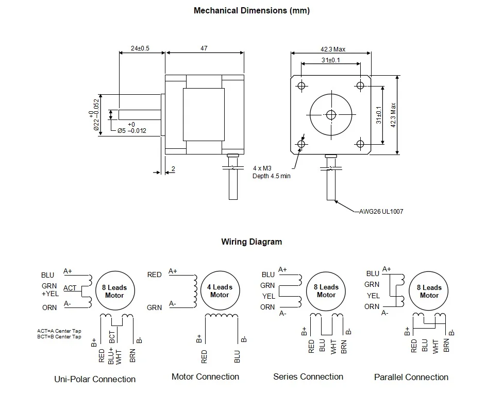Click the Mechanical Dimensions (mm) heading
click(x=252, y=10)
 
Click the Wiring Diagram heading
click(x=252, y=242)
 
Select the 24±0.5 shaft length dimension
click(x=140, y=48)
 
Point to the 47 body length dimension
click(x=204, y=48)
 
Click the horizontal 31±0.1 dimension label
click(x=330, y=60)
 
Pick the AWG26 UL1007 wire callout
click(x=377, y=211)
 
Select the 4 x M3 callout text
click(x=262, y=168)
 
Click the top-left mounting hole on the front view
click(x=301, y=85)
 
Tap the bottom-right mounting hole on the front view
click(x=360, y=144)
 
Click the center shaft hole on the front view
click(x=331, y=114)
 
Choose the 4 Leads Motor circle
click(x=220, y=291)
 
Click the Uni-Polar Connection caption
click(x=95, y=380)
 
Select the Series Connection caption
click(x=308, y=377)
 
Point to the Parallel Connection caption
click(x=411, y=378)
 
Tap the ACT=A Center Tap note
click(x=59, y=331)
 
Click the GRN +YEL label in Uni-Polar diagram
click(x=50, y=290)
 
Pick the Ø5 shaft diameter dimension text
click(x=131, y=130)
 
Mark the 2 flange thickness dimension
click(x=173, y=169)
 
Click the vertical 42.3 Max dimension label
click(x=393, y=115)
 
